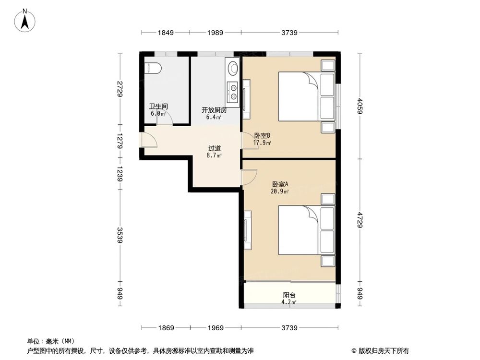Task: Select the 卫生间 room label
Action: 158,107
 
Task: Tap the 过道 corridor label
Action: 214,148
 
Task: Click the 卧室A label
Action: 280,184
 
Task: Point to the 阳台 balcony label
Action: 289,296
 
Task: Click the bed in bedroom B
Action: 300,96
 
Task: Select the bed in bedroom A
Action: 300,230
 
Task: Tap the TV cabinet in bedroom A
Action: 247,230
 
